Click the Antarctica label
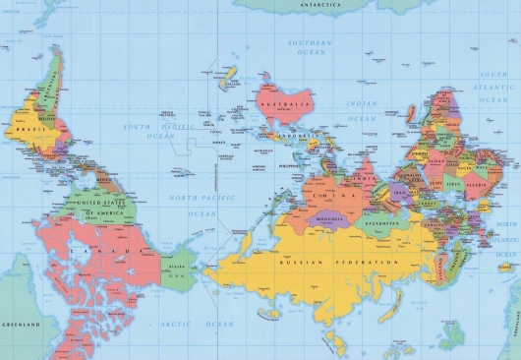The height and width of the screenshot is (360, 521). (320, 6)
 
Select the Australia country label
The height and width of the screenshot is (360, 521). (283, 101)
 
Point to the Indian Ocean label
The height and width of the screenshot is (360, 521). (362, 110)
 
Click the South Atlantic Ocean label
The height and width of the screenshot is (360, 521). (496, 88)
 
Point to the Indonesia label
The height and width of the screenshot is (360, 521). (296, 135)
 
